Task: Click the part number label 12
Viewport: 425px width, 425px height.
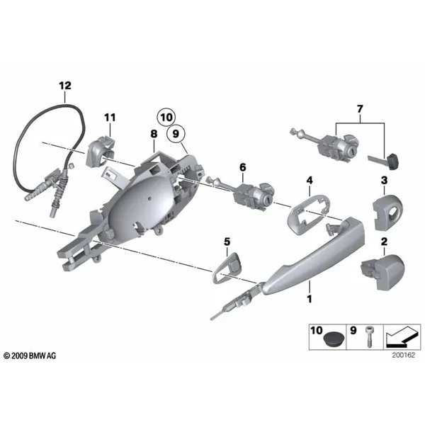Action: [x=65, y=86]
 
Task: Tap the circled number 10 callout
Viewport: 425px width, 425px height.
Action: [x=166, y=118]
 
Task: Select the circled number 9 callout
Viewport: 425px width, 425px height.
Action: [x=176, y=134]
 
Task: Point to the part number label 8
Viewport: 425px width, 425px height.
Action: [x=154, y=134]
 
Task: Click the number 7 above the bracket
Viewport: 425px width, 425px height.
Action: [x=360, y=109]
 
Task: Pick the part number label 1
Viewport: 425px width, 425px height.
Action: [x=310, y=299]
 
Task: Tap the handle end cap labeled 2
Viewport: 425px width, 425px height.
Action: [x=382, y=271]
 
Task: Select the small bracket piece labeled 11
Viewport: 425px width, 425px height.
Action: [x=99, y=151]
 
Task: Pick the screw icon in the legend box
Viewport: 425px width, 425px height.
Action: [x=369, y=336]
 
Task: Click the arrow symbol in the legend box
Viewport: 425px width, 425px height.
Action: [x=401, y=337]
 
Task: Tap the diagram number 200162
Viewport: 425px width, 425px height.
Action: [x=403, y=356]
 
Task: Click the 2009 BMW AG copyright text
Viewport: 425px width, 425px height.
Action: [x=30, y=356]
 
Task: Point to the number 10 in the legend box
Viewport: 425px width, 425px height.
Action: [x=317, y=331]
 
